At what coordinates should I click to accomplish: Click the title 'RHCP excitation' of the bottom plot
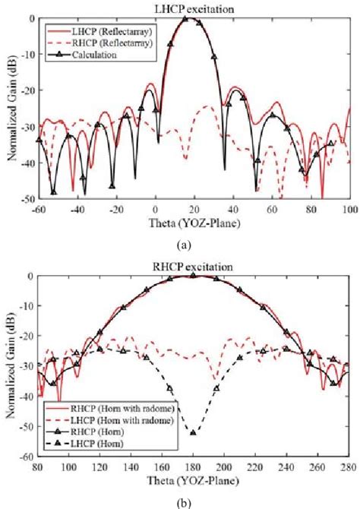[x=194, y=267]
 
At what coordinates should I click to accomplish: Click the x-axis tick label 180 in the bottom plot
[x=194, y=468]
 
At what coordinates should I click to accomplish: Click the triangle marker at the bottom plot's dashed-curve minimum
[x=193, y=433]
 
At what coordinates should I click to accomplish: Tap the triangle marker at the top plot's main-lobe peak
[x=185, y=18]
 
